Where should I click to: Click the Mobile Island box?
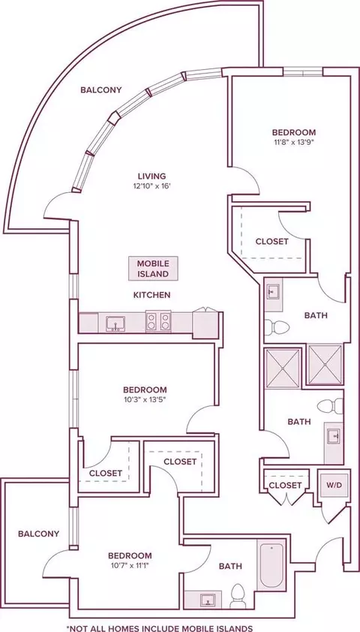tap(153, 269)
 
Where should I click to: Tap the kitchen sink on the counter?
tap(115, 324)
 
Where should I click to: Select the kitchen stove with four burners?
tap(158, 321)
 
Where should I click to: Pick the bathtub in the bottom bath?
tap(271, 565)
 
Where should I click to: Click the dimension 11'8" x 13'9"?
tap(294, 142)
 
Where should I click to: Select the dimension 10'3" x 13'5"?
tap(145, 399)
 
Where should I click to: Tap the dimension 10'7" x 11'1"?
tap(130, 565)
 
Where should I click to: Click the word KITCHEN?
tap(151, 295)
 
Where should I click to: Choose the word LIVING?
tap(151, 176)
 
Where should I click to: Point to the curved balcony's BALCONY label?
tap(100, 90)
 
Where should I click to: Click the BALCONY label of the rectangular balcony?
tap(39, 534)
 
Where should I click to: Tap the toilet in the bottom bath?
tap(238, 596)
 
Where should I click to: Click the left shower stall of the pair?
tap(283, 369)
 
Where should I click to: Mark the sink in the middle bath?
tap(334, 435)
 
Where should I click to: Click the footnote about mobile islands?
tap(160, 627)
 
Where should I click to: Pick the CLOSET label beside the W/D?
tap(285, 486)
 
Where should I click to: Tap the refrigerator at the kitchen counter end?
tap(205, 324)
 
